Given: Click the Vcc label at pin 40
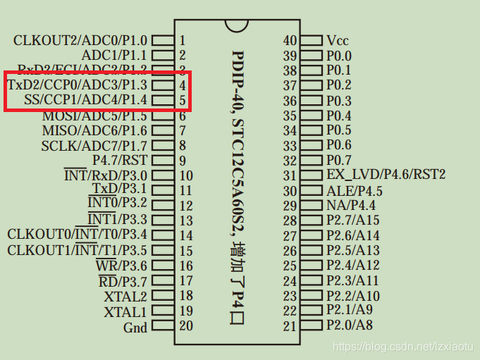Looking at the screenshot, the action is pyautogui.click(x=338, y=41).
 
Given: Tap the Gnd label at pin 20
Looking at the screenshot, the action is pyautogui.click(x=135, y=327).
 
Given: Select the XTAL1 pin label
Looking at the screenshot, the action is pyautogui.click(x=125, y=311).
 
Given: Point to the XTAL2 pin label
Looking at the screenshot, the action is pyautogui.click(x=125, y=297).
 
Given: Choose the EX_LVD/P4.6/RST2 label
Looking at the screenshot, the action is pyautogui.click(x=386, y=175).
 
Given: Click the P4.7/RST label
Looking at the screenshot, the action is pyautogui.click(x=120, y=161).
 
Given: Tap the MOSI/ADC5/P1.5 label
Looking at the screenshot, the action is pyautogui.click(x=94, y=116).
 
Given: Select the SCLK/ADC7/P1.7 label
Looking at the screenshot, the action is pyautogui.click(x=94, y=146).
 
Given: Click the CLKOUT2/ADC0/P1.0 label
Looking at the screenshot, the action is pyautogui.click(x=80, y=41).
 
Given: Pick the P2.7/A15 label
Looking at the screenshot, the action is pyautogui.click(x=352, y=221).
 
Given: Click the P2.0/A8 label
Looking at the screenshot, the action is pyautogui.click(x=350, y=325).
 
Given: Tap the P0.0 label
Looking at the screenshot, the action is pyautogui.click(x=339, y=56).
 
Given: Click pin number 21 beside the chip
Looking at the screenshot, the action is pyautogui.click(x=290, y=325).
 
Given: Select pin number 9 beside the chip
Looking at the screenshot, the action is pyautogui.click(x=183, y=161).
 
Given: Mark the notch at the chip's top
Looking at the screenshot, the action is pyautogui.click(x=238, y=25).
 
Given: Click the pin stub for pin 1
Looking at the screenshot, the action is pyautogui.click(x=163, y=41).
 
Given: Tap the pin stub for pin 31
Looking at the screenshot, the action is pyautogui.click(x=312, y=175).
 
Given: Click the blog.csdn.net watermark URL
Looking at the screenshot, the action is pyautogui.click(x=405, y=347).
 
